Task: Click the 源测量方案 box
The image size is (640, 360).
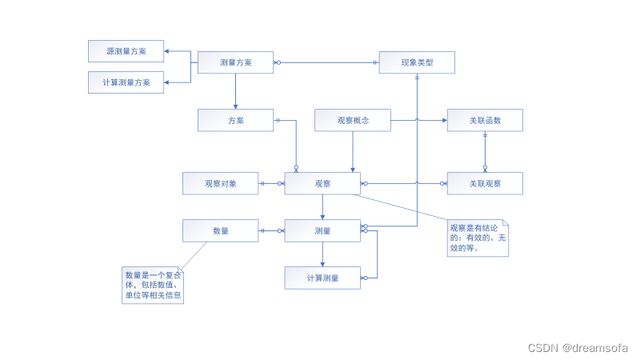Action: (x=126, y=51)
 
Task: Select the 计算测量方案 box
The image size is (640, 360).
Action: (x=126, y=82)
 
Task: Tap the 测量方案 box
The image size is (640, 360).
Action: (x=235, y=62)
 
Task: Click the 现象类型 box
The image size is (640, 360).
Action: (x=417, y=62)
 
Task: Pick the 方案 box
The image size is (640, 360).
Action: (x=235, y=120)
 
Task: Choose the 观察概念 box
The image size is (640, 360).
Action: (x=353, y=120)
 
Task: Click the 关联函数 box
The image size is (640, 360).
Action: (x=485, y=120)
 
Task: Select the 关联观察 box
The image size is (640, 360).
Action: (x=485, y=183)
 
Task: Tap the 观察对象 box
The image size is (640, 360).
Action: (x=220, y=183)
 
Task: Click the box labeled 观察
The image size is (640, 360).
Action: (x=322, y=183)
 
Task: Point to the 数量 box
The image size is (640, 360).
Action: (x=220, y=230)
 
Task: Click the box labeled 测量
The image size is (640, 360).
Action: (x=322, y=230)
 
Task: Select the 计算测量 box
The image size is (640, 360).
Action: (x=322, y=278)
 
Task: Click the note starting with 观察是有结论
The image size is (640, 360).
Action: (x=478, y=238)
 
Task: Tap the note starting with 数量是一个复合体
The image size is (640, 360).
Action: (x=153, y=285)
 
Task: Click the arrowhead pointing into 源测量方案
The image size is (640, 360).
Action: (x=167, y=51)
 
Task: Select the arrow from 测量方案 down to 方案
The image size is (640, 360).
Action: (x=235, y=91)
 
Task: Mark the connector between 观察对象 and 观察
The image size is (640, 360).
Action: (x=272, y=183)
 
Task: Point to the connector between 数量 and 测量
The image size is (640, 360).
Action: (x=272, y=230)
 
